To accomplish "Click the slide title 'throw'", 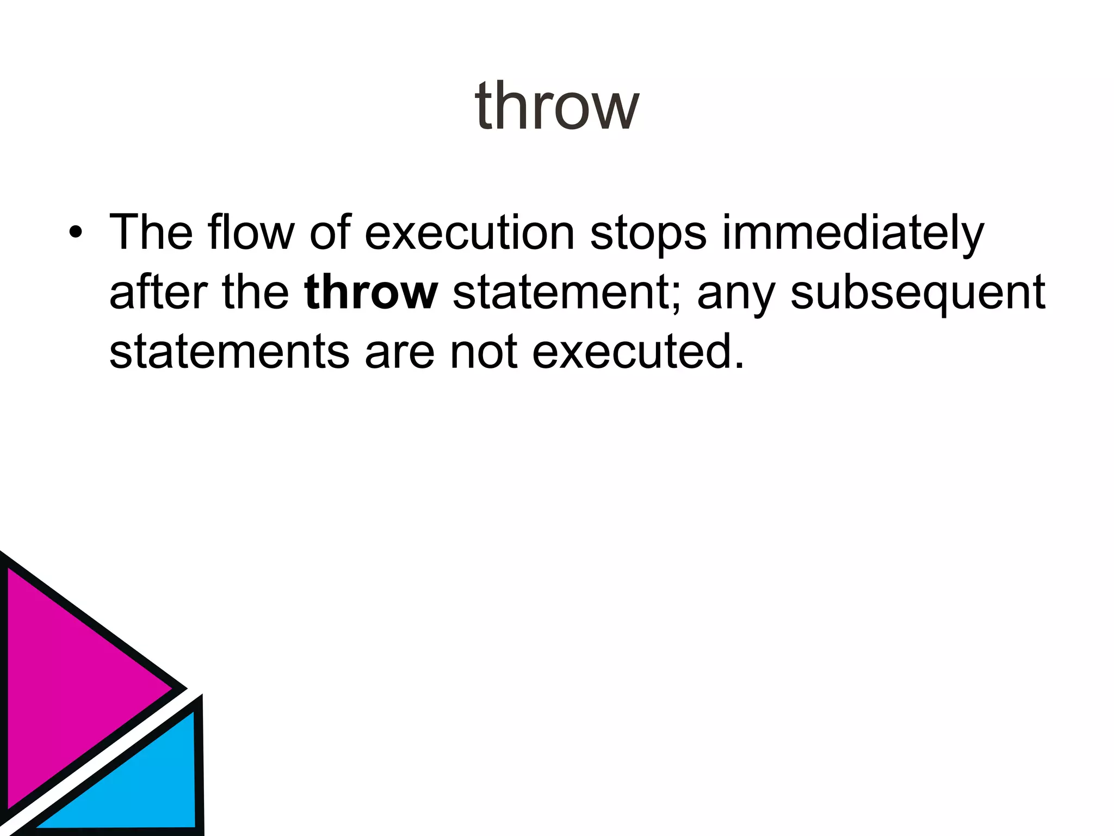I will tap(556, 106).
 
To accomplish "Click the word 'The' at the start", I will tap(151, 233).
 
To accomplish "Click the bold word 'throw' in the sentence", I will tap(371, 293).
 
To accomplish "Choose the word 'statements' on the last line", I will tap(229, 352).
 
